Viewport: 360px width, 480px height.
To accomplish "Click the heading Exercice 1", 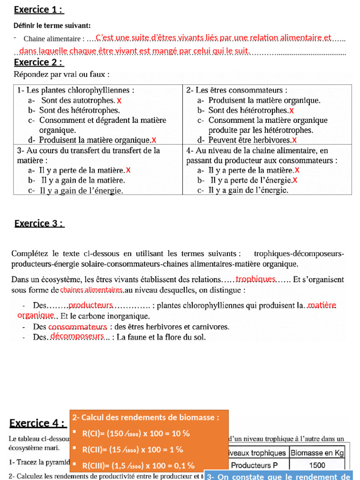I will (39, 9).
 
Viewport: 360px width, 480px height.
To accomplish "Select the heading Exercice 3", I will (39, 223).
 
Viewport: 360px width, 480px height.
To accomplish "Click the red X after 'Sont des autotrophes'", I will (119, 100).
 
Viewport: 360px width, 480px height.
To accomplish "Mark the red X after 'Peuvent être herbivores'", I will (294, 140).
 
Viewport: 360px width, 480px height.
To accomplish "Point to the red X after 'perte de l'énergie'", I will (295, 180).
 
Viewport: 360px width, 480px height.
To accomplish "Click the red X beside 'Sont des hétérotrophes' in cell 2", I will (292, 111).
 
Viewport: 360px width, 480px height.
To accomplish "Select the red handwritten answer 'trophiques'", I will (255, 279).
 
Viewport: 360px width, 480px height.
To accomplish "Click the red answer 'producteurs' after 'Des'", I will (91, 305).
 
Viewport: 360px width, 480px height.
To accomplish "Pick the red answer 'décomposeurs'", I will (77, 336).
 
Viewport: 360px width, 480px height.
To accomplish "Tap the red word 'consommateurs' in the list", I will (78, 326).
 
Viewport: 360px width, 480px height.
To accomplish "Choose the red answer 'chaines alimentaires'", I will (91, 290).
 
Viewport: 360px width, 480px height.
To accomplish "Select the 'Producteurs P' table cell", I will (257, 465).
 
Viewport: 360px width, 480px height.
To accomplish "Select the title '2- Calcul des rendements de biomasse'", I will (146, 417).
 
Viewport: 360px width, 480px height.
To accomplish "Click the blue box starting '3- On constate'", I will (278, 475).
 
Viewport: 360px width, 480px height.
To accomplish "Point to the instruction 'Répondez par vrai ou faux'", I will (62, 74).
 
